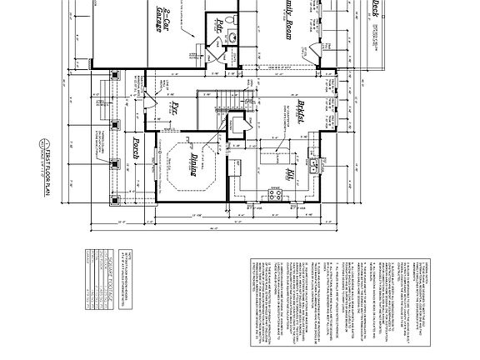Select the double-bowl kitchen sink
click(314, 164)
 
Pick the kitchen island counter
click(276, 158)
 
